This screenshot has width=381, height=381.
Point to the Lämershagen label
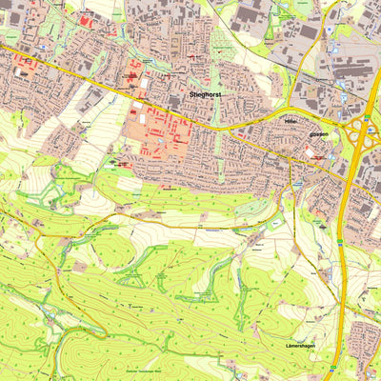coord(305,346)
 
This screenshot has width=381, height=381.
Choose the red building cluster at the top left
coord(87,20)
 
